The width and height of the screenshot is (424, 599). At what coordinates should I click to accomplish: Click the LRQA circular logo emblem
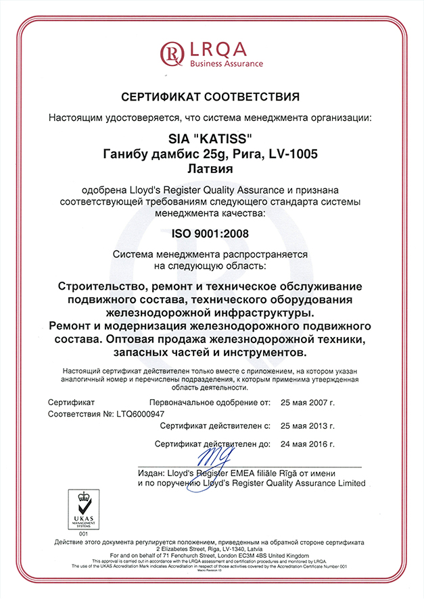tap(172, 51)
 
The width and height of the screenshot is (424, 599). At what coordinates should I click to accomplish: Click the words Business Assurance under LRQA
tap(227, 63)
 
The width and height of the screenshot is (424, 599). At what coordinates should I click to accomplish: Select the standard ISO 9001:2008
tap(212, 234)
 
